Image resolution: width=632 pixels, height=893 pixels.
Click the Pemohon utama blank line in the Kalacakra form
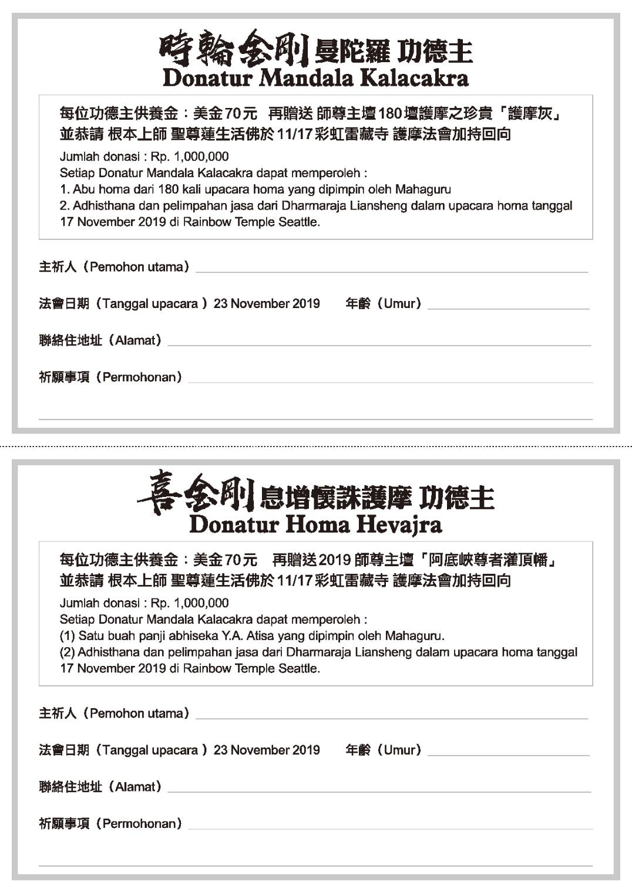[391, 271]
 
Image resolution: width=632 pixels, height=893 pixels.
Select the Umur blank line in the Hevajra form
[508, 754]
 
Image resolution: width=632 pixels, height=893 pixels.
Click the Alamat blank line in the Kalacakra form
[379, 344]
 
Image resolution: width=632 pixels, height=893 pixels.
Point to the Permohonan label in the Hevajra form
[142, 823]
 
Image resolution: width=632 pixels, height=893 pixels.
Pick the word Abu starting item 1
[84, 190]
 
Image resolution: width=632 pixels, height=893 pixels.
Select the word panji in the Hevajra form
[136, 635]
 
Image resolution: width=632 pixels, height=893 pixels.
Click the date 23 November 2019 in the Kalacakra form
[267, 303]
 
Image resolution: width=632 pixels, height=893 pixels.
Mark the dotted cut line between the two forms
[316, 447]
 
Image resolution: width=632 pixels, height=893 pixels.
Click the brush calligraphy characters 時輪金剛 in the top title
[234, 50]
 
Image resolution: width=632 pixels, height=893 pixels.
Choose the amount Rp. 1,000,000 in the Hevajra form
[190, 603]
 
